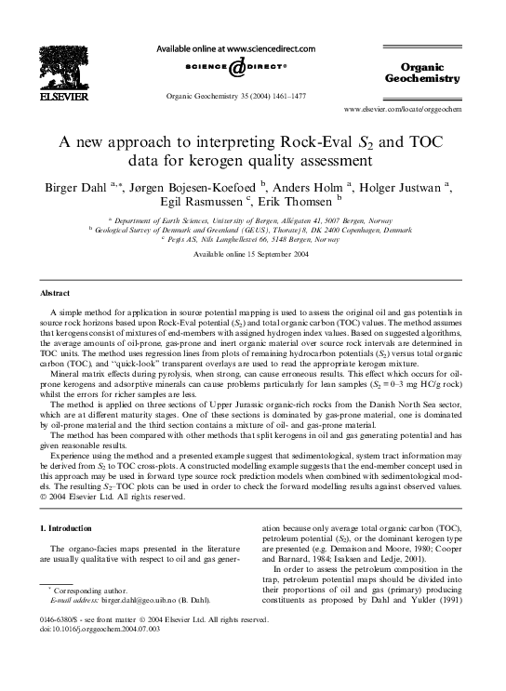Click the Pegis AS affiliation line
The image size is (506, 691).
(252, 239)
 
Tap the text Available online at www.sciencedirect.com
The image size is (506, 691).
(252, 47)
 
